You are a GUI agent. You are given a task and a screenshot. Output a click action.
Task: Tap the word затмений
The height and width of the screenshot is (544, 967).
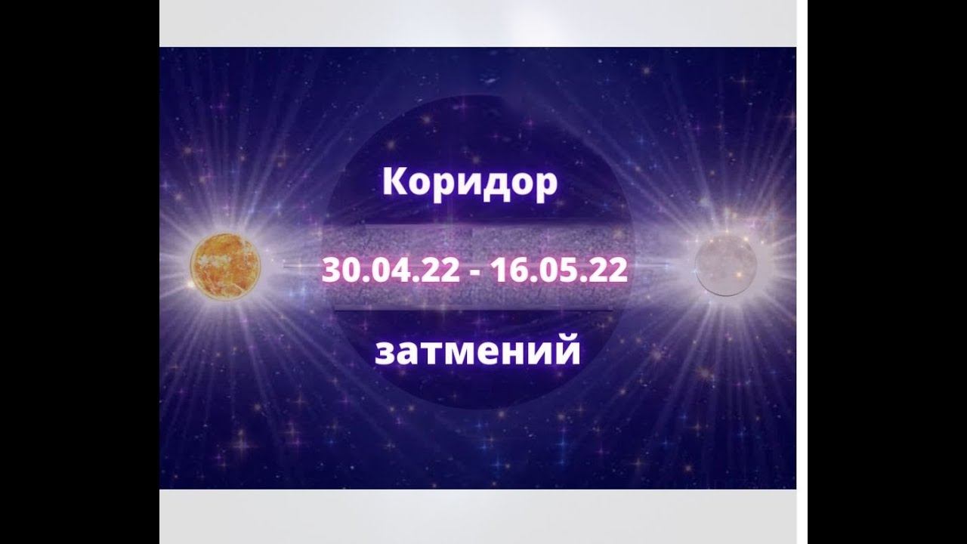477,351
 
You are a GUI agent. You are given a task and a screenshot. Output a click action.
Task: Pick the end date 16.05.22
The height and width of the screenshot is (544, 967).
558,270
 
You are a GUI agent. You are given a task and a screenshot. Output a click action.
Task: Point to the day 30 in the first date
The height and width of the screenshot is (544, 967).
337,270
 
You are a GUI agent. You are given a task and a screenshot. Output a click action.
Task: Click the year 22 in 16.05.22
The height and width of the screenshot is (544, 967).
608,270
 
